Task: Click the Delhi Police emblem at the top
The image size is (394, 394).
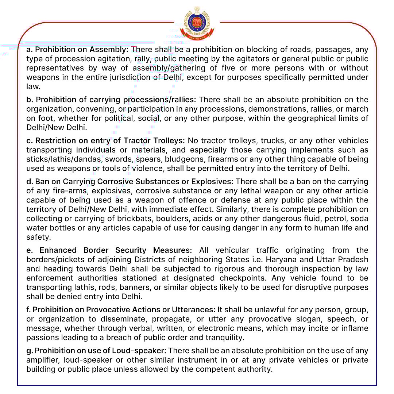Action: (x=197, y=24)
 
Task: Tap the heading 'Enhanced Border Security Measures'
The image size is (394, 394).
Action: (x=116, y=250)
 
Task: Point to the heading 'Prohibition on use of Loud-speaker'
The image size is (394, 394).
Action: (x=100, y=351)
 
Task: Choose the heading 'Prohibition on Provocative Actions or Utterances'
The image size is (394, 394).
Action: (x=124, y=310)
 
